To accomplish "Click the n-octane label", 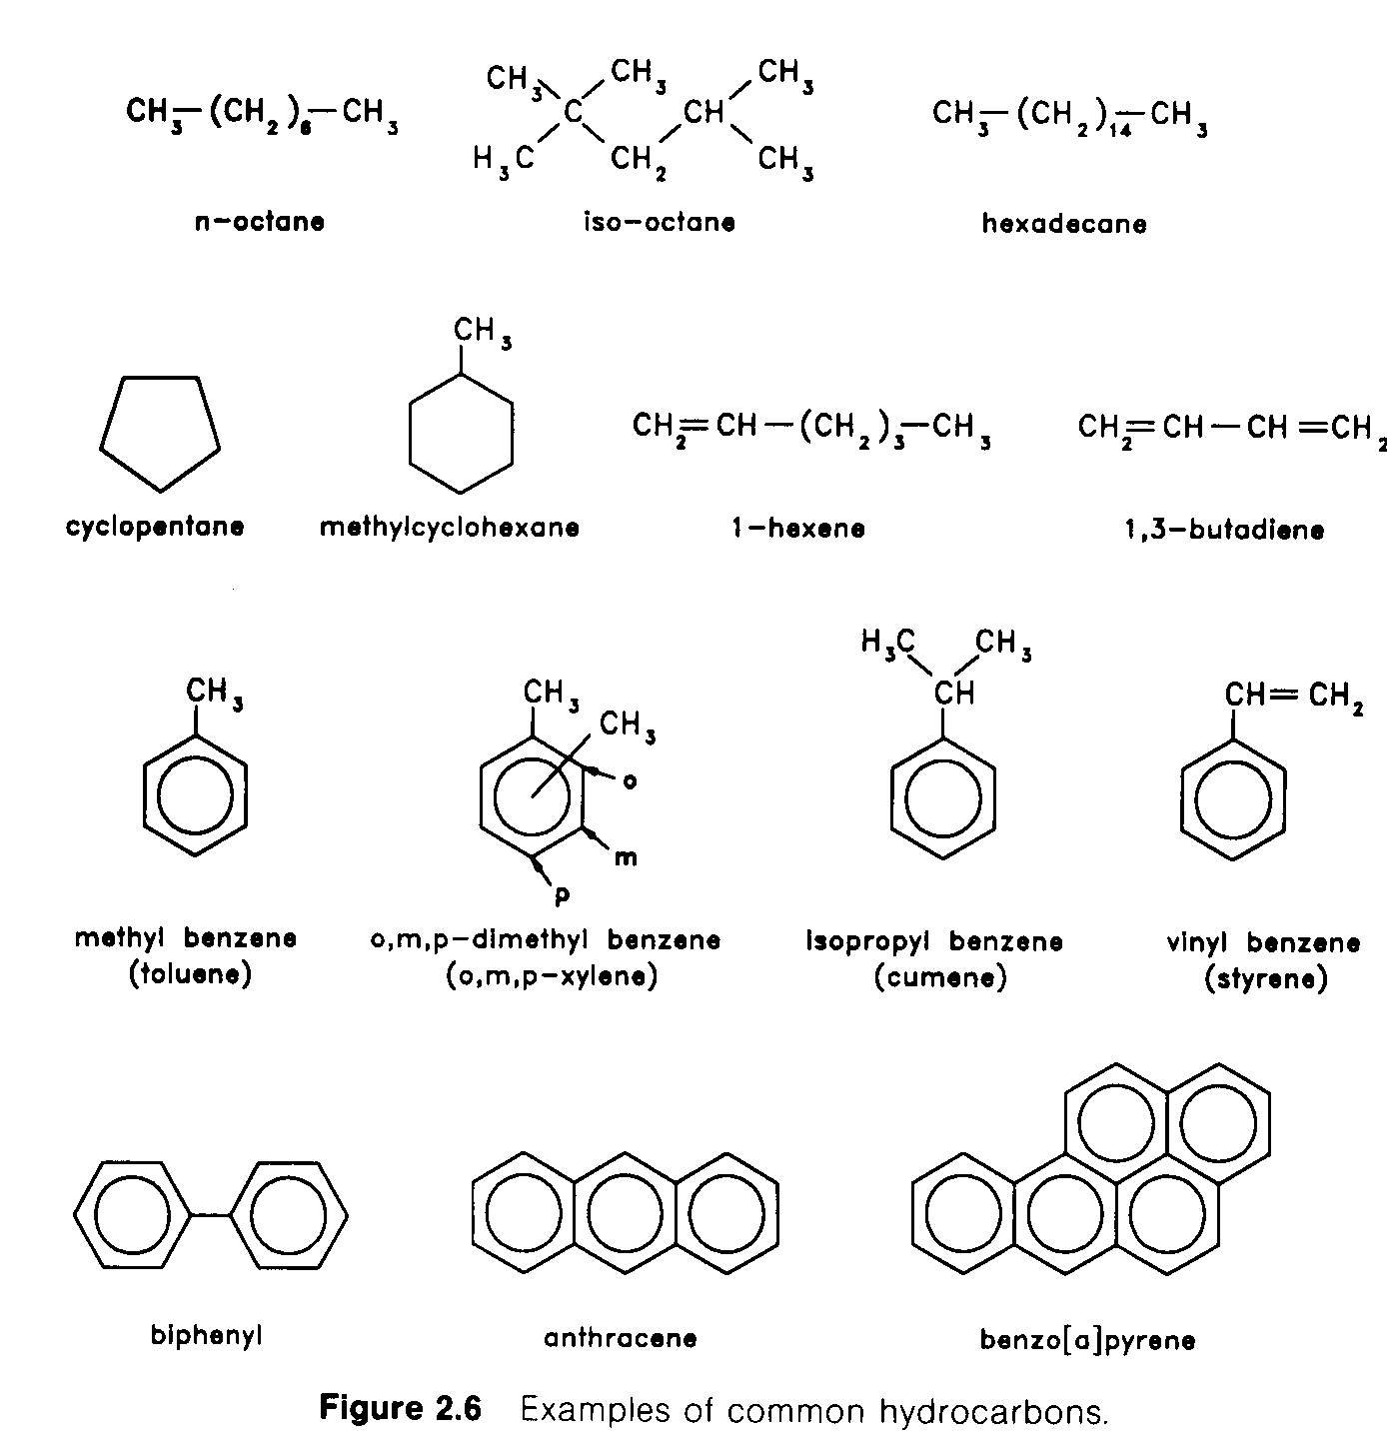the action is [x=260, y=222].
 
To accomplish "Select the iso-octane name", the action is [x=660, y=223].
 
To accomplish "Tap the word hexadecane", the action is [x=1064, y=223].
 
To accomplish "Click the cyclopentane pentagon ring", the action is [x=160, y=434].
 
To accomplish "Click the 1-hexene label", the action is [x=798, y=529].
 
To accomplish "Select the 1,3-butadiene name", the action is [x=1224, y=530].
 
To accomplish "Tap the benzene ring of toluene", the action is [x=195, y=795].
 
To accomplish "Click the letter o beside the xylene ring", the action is [x=630, y=781].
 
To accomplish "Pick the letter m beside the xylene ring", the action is [x=626, y=858].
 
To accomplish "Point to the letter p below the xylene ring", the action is [x=562, y=896].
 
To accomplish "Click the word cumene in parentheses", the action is [x=940, y=977].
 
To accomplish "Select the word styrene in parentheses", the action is [x=1266, y=978].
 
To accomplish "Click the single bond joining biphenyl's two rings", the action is [x=211, y=1216].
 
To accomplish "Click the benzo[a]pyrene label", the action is [x=1087, y=1340].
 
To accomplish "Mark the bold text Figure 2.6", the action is [x=401, y=1408].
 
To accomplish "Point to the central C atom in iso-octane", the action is [x=573, y=112].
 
